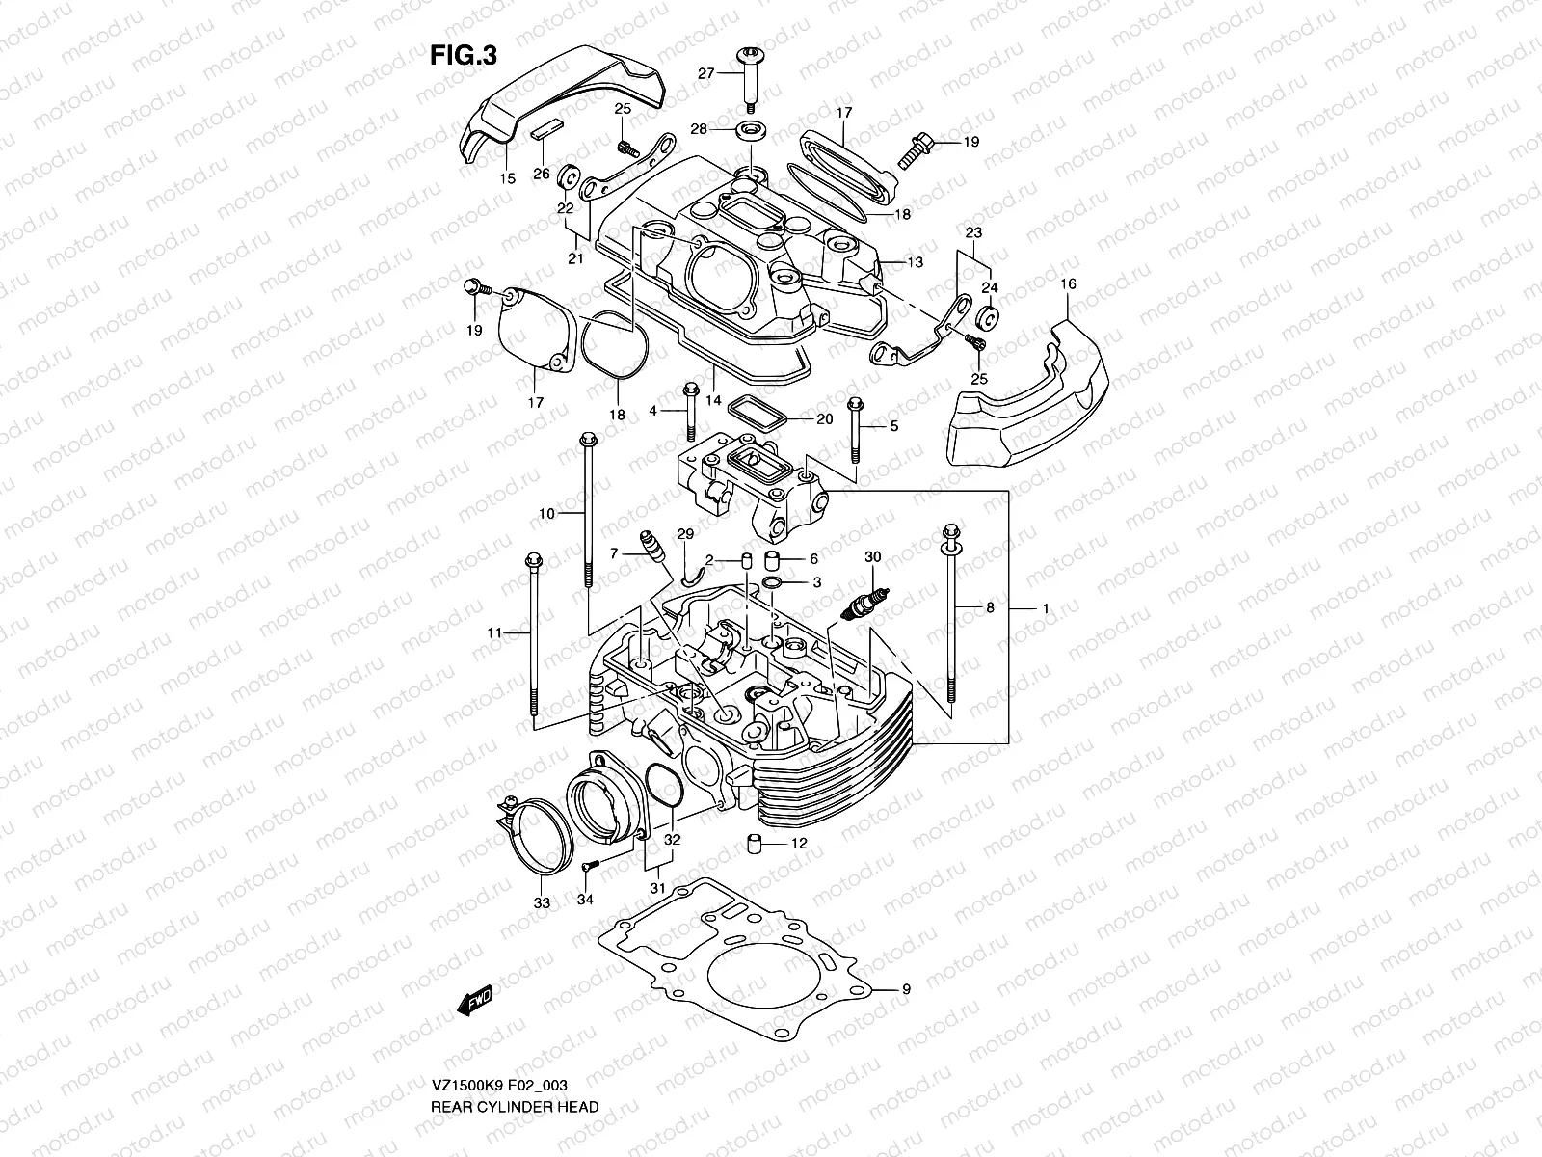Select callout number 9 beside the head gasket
point(905,989)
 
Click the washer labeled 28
point(751,129)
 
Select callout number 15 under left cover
point(535,178)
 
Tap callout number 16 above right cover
point(1067,283)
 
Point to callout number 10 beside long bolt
point(546,514)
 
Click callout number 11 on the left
point(494,632)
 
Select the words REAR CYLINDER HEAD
point(514,1053)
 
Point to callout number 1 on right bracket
point(1045,609)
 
